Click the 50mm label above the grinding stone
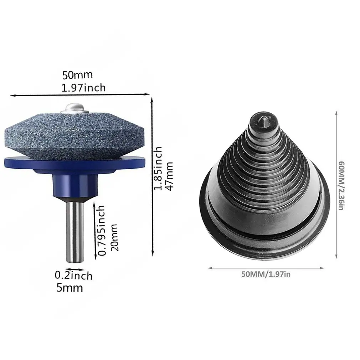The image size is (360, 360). click(x=78, y=75)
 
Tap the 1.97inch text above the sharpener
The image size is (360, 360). click(x=83, y=88)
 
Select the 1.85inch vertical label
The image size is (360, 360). click(x=158, y=168)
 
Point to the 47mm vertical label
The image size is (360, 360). click(x=169, y=176)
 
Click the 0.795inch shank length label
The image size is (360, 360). click(x=102, y=230)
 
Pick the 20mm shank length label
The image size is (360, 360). click(x=114, y=237)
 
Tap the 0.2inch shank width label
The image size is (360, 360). click(x=73, y=275)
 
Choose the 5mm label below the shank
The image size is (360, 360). click(x=70, y=288)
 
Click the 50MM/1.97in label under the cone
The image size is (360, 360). click(x=266, y=274)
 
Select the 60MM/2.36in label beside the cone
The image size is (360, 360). click(x=341, y=185)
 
